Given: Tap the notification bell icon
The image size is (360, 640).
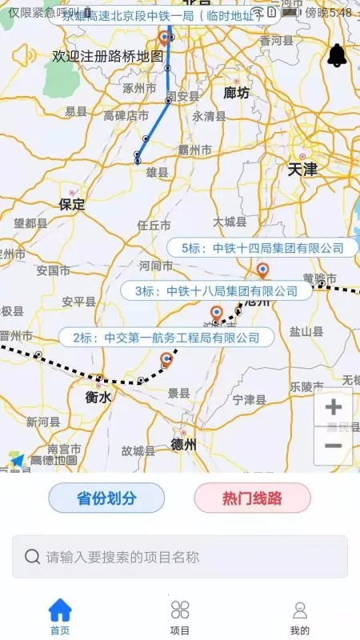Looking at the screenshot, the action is click(x=337, y=55).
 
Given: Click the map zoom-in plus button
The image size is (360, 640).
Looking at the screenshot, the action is click(x=333, y=408).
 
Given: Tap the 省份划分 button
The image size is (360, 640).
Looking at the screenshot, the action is click(x=106, y=498).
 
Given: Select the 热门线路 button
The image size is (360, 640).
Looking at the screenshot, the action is click(x=252, y=498).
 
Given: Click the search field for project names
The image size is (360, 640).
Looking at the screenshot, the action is click(x=180, y=557).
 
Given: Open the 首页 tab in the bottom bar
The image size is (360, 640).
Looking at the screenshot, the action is click(x=60, y=616).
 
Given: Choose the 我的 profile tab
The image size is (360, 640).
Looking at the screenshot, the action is click(x=299, y=616).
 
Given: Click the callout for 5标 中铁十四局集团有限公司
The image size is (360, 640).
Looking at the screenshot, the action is click(x=262, y=248).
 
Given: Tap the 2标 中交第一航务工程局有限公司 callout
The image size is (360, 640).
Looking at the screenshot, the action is click(x=166, y=338).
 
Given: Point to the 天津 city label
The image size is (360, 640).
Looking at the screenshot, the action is click(x=303, y=169).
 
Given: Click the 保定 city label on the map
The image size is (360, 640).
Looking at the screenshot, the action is click(x=72, y=204).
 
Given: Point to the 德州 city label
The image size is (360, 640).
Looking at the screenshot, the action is click(x=184, y=445).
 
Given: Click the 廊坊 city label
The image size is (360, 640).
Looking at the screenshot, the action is click(x=236, y=93).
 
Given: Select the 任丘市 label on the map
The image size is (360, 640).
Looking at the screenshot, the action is click(x=154, y=226).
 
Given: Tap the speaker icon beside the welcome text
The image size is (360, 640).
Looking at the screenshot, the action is click(x=25, y=56).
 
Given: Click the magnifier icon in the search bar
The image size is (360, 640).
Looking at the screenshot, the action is click(x=33, y=557).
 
